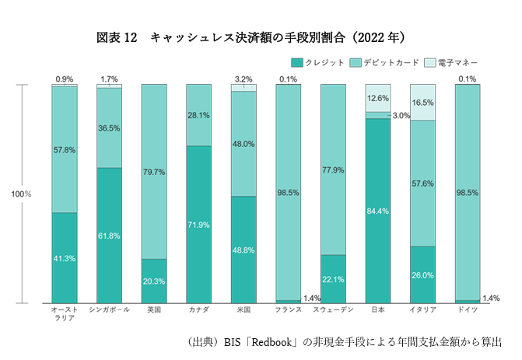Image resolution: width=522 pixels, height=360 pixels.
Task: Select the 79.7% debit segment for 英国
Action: pos(154,171)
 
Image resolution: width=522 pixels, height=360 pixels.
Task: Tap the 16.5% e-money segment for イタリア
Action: pos(422,102)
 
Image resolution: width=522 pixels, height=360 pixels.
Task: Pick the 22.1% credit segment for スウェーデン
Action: pos(333,278)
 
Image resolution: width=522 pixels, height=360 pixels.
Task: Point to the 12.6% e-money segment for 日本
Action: pos(378,98)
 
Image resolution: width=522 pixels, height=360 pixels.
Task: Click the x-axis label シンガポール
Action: pos(109,309)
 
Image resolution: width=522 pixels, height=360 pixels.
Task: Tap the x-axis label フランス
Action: pos(289,309)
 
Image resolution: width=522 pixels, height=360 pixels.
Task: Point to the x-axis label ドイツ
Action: pos(468,309)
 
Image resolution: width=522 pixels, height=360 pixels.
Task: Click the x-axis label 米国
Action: pos(243,309)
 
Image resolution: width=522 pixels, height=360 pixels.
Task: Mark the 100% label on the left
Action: pos(21,194)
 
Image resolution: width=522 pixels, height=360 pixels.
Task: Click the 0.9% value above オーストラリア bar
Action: pos(65,79)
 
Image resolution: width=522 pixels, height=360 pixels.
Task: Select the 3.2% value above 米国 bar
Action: pos(243,79)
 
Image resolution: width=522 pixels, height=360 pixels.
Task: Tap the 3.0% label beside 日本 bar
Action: pos(401,115)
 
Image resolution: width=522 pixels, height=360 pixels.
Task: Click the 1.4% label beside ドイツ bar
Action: pos(491,299)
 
